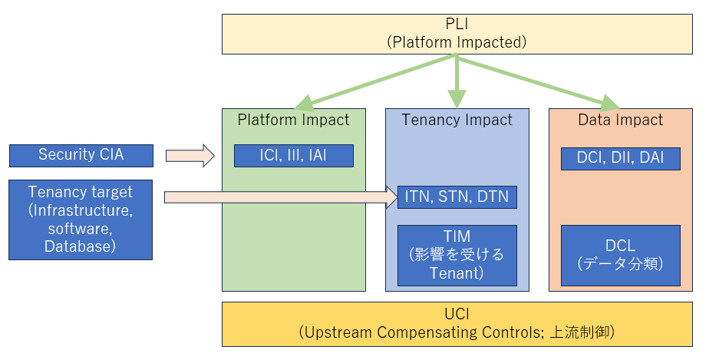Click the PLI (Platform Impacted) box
tap(457, 34)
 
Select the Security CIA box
tap(81, 156)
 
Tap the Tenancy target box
tap(81, 219)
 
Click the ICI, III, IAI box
tap(293, 156)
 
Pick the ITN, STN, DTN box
tap(457, 197)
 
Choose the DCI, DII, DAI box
tap(620, 159)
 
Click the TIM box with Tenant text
tap(457, 255)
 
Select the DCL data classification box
tap(620, 255)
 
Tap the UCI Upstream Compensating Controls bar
tap(457, 324)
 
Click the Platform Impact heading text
tap(293, 120)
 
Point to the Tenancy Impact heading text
tap(457, 120)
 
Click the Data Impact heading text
tap(620, 120)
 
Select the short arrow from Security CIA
tap(190, 156)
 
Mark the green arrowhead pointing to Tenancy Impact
tap(457, 99)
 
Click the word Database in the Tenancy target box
tap(81, 246)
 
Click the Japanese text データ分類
tap(620, 263)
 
